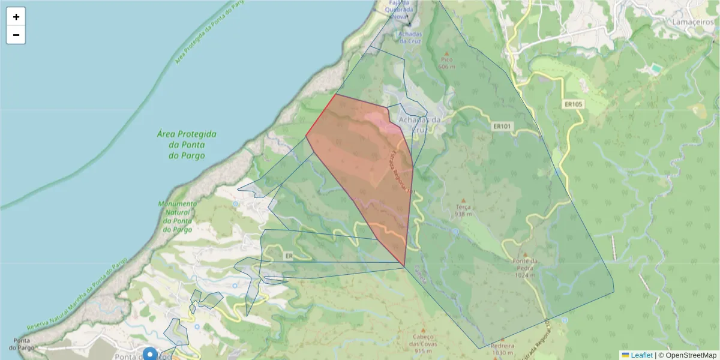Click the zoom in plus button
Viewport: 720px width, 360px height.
(16, 17)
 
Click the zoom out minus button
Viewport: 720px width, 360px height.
(16, 35)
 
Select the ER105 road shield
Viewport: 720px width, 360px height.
(573, 104)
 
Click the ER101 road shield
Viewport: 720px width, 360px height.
(501, 127)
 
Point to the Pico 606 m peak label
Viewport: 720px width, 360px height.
(446, 63)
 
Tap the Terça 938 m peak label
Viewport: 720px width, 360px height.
(463, 210)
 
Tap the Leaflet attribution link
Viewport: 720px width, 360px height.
(641, 355)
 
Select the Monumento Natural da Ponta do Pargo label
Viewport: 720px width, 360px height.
(177, 217)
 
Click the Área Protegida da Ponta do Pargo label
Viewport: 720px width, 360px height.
(187, 145)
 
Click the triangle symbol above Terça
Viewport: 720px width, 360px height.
(463, 200)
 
